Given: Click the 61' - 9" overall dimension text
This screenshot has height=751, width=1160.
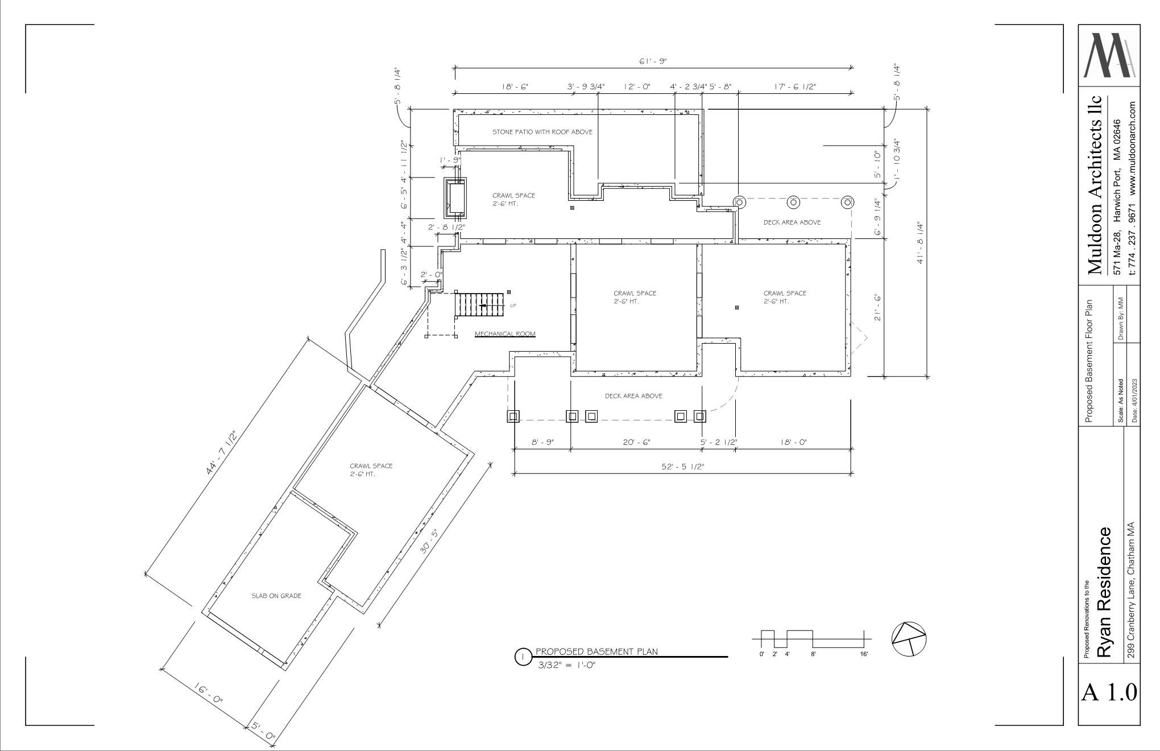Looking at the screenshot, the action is pyautogui.click(x=652, y=61).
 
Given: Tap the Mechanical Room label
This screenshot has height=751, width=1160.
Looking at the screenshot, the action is pyautogui.click(x=505, y=334).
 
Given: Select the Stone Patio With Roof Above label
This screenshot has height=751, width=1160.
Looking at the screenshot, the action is pyautogui.click(x=542, y=132).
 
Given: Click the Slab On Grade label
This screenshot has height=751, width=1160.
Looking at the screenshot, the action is pyautogui.click(x=276, y=596).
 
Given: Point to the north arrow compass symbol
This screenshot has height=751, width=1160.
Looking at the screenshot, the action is pyautogui.click(x=909, y=638).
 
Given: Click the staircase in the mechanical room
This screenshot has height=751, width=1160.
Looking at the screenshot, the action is pyautogui.click(x=479, y=306).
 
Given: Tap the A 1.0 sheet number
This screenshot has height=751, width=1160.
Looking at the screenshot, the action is pyautogui.click(x=1109, y=692).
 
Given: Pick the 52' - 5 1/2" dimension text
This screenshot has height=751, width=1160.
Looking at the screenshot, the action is pyautogui.click(x=683, y=467).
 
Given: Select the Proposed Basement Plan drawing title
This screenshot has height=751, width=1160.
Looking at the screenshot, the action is pyautogui.click(x=596, y=651).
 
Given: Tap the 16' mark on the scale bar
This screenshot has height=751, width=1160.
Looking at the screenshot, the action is pyautogui.click(x=864, y=654).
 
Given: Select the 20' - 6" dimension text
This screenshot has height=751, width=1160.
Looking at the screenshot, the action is pyautogui.click(x=637, y=442).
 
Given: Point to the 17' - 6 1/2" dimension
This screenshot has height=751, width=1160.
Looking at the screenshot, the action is pyautogui.click(x=795, y=86).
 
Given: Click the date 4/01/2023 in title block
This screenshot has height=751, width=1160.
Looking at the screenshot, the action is pyautogui.click(x=1134, y=401).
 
